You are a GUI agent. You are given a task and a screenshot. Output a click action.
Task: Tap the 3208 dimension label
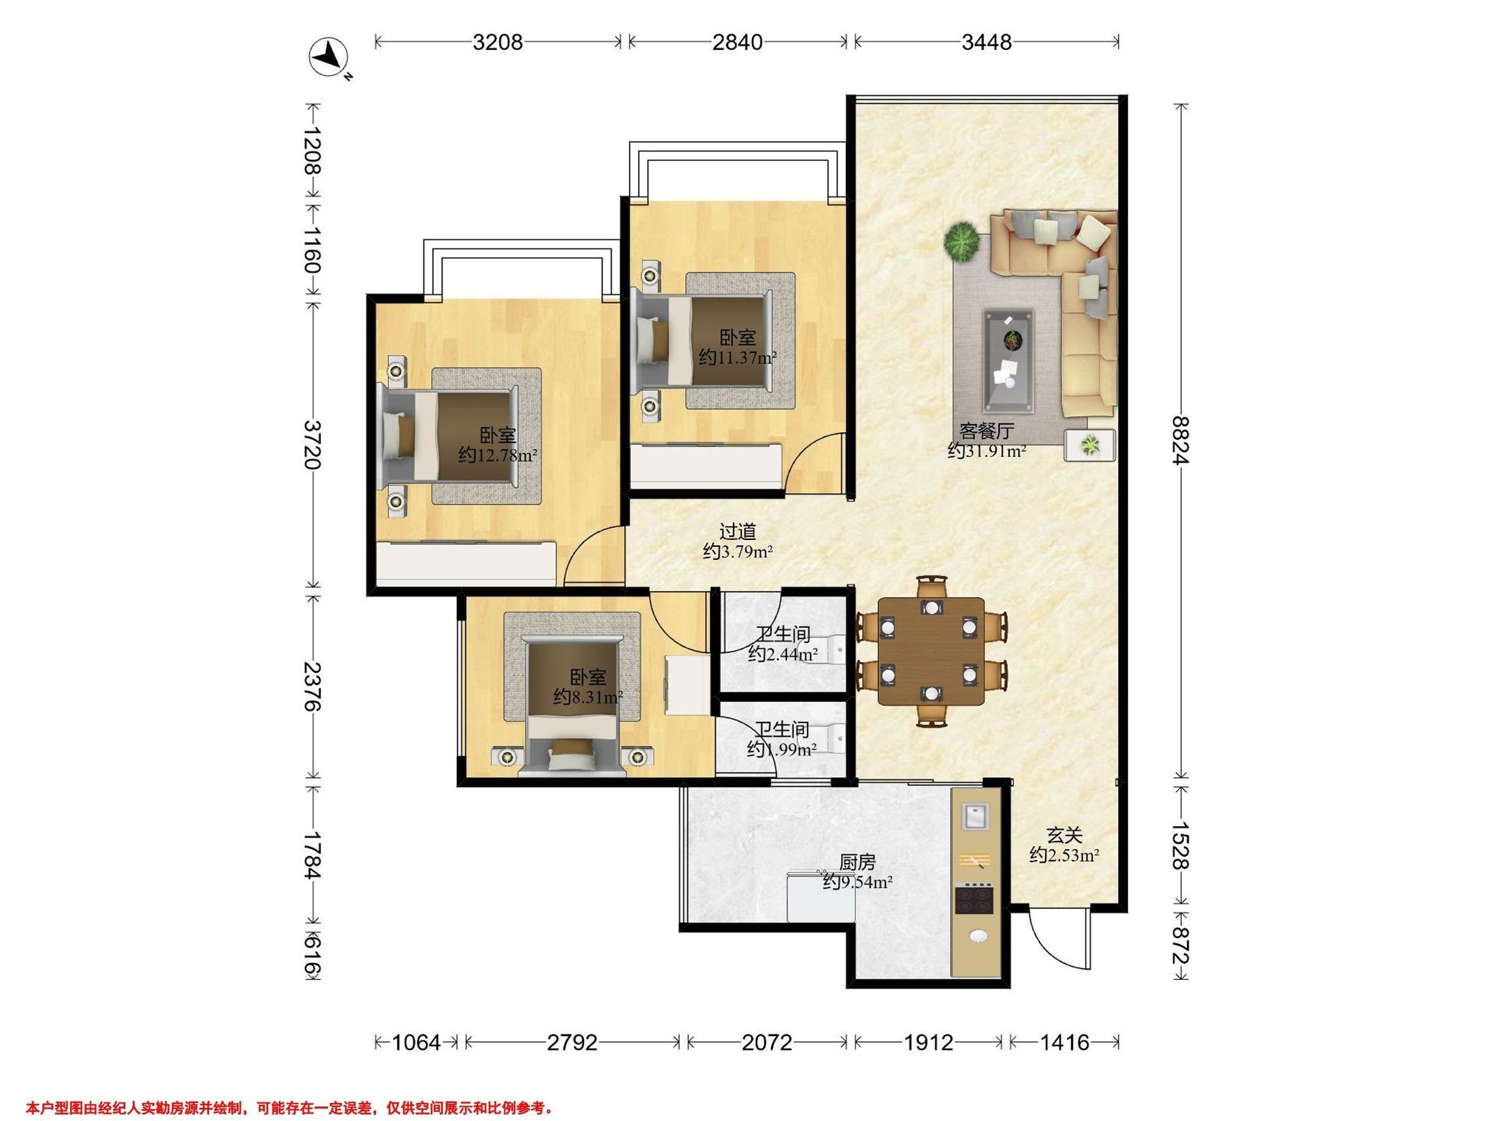coord(498,42)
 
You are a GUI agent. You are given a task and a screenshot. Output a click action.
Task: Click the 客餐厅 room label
coord(987,431)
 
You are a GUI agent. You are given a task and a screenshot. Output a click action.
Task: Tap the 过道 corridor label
coord(738,532)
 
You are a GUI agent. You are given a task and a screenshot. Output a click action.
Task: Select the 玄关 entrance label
coord(1065,836)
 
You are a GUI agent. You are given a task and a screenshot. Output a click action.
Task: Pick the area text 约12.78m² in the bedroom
coord(498,455)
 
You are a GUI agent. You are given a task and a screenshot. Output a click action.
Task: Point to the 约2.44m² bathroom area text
coord(784,654)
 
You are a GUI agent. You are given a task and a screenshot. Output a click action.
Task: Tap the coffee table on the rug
coord(1008,360)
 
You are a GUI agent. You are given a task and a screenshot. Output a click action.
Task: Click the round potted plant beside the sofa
coord(962,240)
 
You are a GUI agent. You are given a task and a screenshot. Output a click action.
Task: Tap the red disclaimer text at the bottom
coord(289,1109)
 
